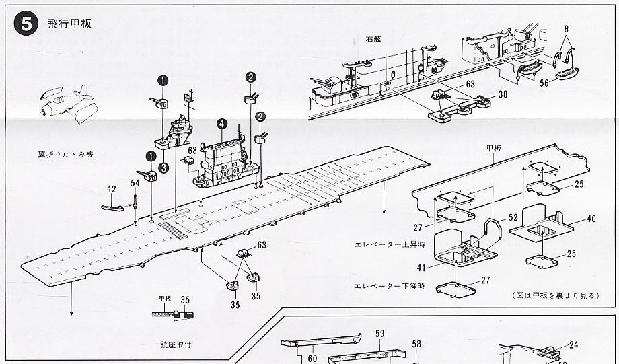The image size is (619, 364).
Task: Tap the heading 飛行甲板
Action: click(x=69, y=24)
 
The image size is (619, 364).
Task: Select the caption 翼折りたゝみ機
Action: click(x=66, y=155)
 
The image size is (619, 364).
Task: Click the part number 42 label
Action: click(x=111, y=190)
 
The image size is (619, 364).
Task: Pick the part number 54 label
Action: click(x=135, y=183)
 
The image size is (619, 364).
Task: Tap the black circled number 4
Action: click(x=221, y=124)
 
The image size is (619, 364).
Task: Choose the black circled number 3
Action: click(x=163, y=168)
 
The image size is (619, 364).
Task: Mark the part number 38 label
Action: click(x=503, y=96)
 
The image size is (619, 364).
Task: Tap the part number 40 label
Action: click(x=591, y=219)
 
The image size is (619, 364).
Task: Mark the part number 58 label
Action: click(x=416, y=344)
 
